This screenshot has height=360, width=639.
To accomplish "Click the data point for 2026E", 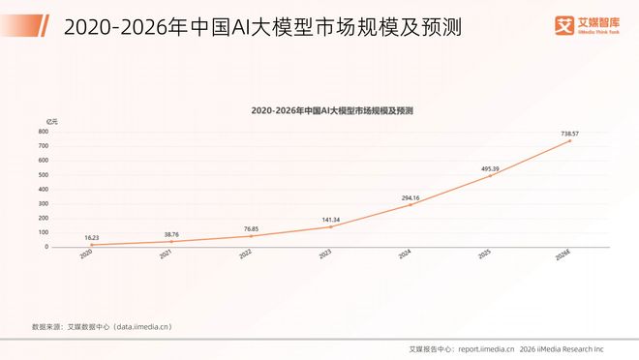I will [x=570, y=140].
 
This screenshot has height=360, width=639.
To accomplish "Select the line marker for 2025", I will [x=490, y=175].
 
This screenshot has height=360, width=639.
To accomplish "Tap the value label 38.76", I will [x=170, y=233].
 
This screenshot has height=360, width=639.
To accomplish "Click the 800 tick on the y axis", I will [x=43, y=132].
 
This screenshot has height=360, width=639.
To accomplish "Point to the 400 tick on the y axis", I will [x=43, y=189].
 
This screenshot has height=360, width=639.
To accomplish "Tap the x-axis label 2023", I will [x=325, y=255].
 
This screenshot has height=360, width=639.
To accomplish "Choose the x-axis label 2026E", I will [x=563, y=255].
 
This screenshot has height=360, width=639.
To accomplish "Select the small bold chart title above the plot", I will [x=332, y=111].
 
